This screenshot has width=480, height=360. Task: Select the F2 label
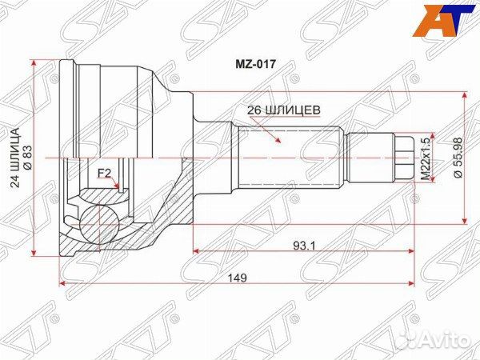coord(104,173)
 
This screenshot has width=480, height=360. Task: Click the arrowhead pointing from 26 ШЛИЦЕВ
coord(278,142)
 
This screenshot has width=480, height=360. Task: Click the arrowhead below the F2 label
coord(118,188)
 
